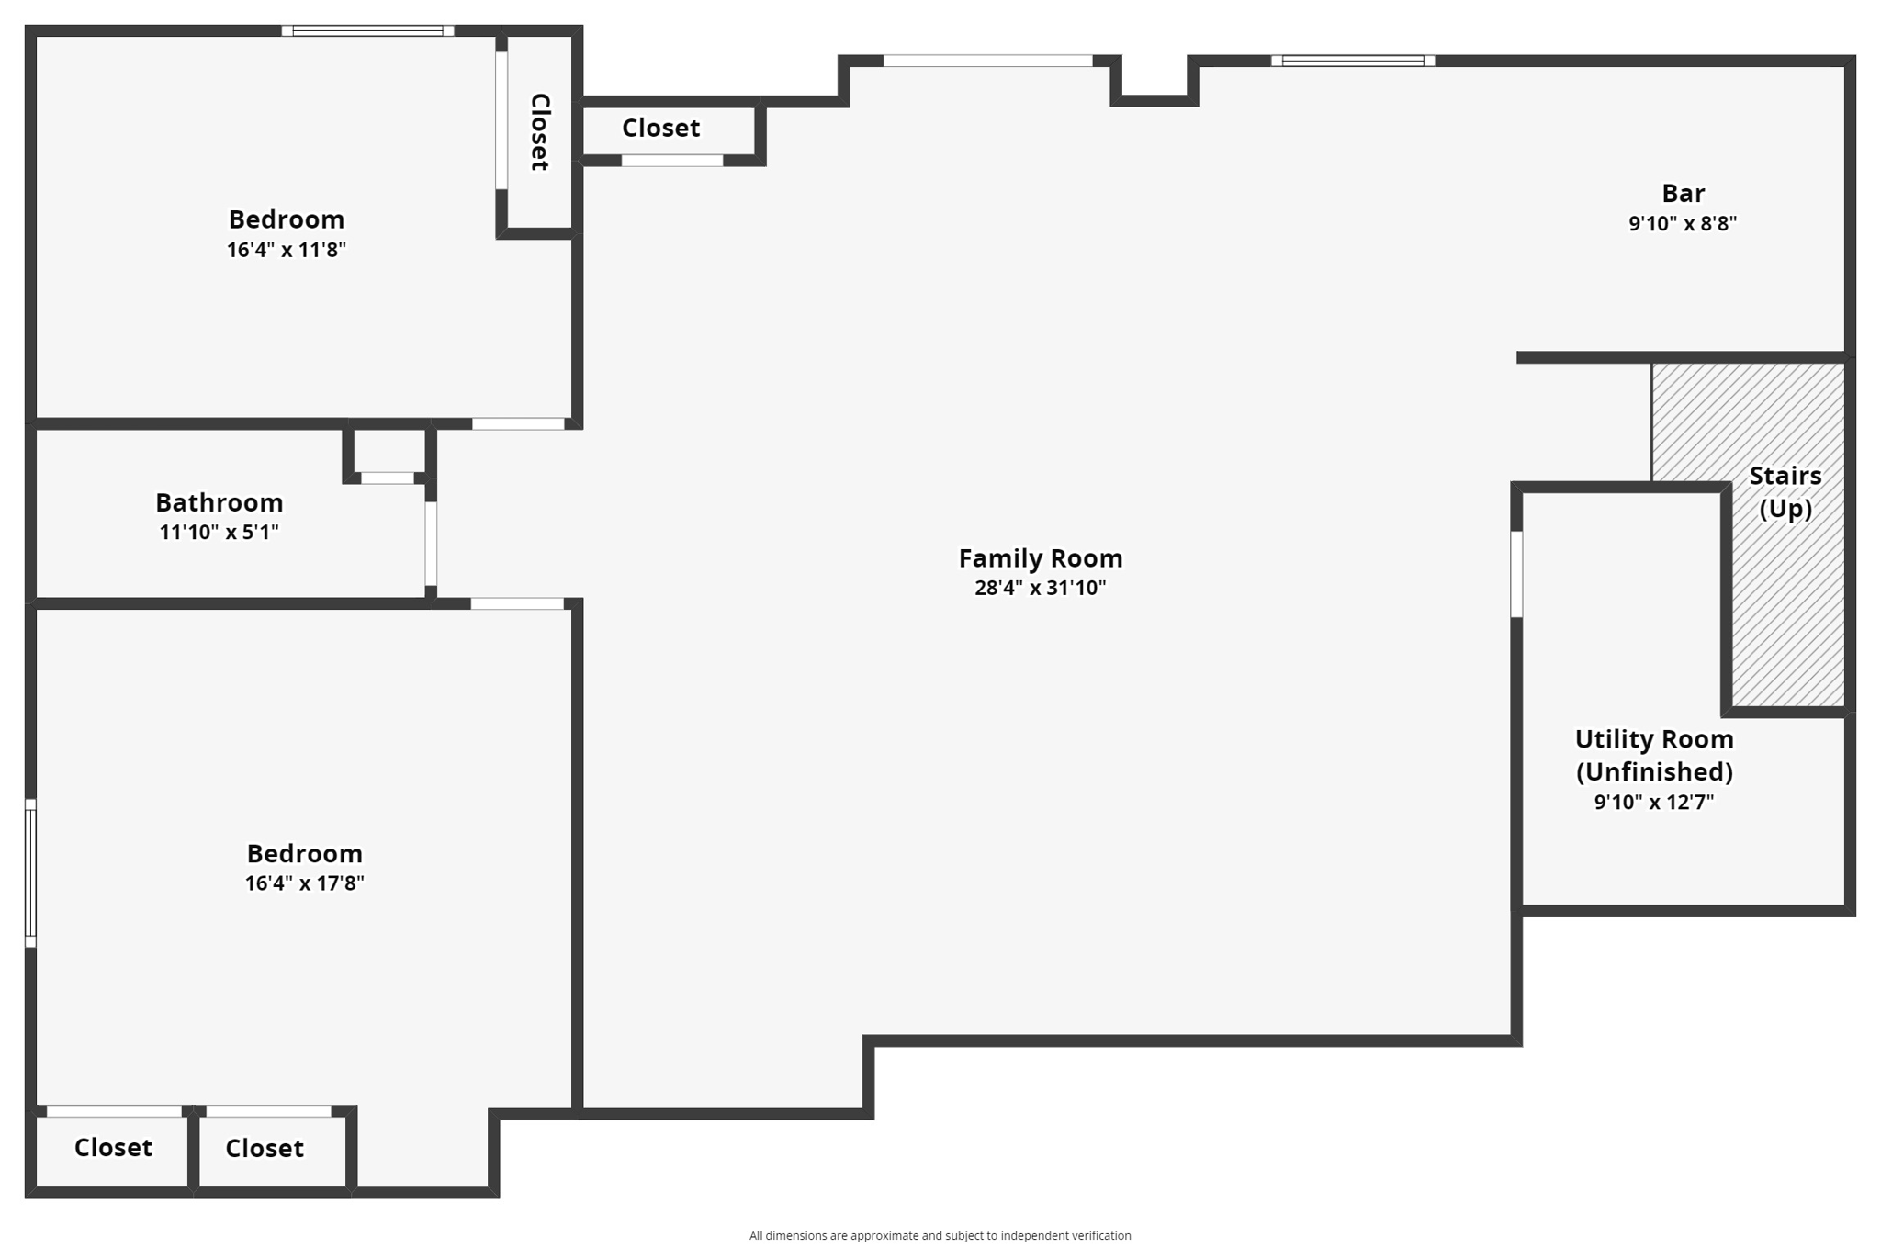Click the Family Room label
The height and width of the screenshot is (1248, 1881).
pos(1040,558)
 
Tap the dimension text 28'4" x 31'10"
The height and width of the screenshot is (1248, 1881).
pos(1040,588)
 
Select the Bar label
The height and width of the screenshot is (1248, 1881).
pos(1683,194)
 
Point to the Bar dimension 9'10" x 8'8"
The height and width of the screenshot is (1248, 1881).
pos(1682,223)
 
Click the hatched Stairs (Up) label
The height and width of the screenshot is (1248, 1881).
pos(1785,491)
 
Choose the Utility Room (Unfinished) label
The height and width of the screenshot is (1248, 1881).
pos(1653,755)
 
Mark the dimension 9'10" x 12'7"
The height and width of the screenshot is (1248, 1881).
pos(1653,802)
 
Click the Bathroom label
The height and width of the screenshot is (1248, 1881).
pos(219,502)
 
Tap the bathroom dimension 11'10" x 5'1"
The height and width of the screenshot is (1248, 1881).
pos(219,532)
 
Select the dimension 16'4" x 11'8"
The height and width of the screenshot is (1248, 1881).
pos(286,249)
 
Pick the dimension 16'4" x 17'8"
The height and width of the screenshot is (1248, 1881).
pos(304,883)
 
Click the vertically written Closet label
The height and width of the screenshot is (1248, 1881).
pos(540,131)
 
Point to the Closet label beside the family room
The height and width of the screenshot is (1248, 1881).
pos(660,128)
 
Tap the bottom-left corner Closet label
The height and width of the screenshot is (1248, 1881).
pos(113,1147)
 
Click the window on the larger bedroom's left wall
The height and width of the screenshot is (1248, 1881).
pos(30,872)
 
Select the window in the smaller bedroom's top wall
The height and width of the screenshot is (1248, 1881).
pos(367,31)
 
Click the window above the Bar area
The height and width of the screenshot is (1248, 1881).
pos(1352,61)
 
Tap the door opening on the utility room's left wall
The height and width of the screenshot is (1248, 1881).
pos(1516,574)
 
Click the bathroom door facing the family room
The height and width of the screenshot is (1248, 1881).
pos(431,544)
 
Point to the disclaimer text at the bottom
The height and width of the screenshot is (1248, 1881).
pos(940,1235)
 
